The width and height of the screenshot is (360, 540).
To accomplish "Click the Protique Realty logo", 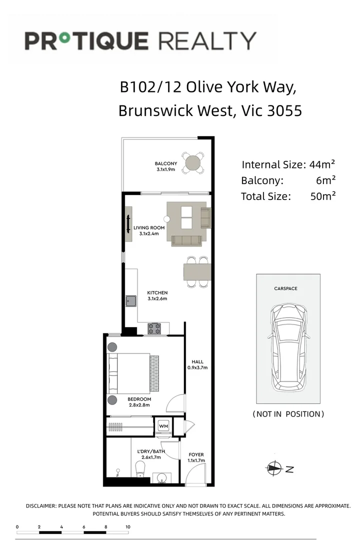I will tap(140, 40).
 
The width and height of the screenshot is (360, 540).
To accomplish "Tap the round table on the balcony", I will tap(192, 163).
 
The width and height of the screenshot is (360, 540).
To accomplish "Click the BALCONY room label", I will tap(165, 164).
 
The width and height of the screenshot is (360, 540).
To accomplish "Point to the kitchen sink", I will tap(131, 300).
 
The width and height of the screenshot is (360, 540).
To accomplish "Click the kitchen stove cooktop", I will tap(153, 328).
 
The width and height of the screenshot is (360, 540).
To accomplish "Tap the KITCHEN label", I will tap(157, 292).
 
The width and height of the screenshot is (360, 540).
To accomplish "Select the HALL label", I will tap(197, 362).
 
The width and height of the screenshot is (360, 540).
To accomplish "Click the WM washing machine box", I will tap(163, 426).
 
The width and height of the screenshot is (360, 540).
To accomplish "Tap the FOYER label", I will tap(196, 455).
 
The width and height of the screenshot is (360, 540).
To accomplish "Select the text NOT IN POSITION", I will tap(288, 414).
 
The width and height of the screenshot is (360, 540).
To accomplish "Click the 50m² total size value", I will tap(322, 196).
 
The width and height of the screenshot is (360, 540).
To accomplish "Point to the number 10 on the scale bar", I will tap(128, 527).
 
